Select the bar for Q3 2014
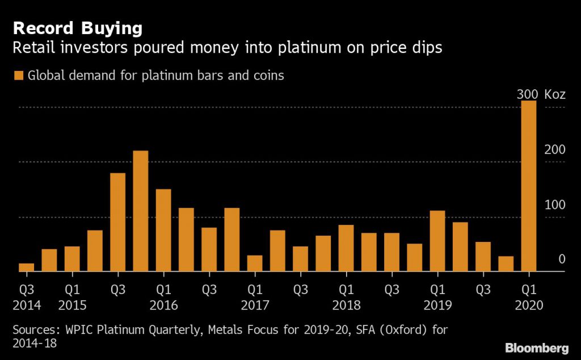coord(26,267)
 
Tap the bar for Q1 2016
coord(163,231)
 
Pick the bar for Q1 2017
coord(255,263)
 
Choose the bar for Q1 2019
coord(437,241)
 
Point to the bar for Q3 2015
coord(117,223)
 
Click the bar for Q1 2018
coord(346,248)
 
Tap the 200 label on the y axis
coord(555,150)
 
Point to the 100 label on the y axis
coord(555,205)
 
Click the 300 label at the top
coord(528,94)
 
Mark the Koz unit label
coord(555,94)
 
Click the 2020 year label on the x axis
coord(529,305)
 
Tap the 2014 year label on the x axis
coord(27,305)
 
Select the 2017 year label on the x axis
coord(255,305)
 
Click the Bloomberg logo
coord(536,348)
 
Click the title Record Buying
coord(77,28)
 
